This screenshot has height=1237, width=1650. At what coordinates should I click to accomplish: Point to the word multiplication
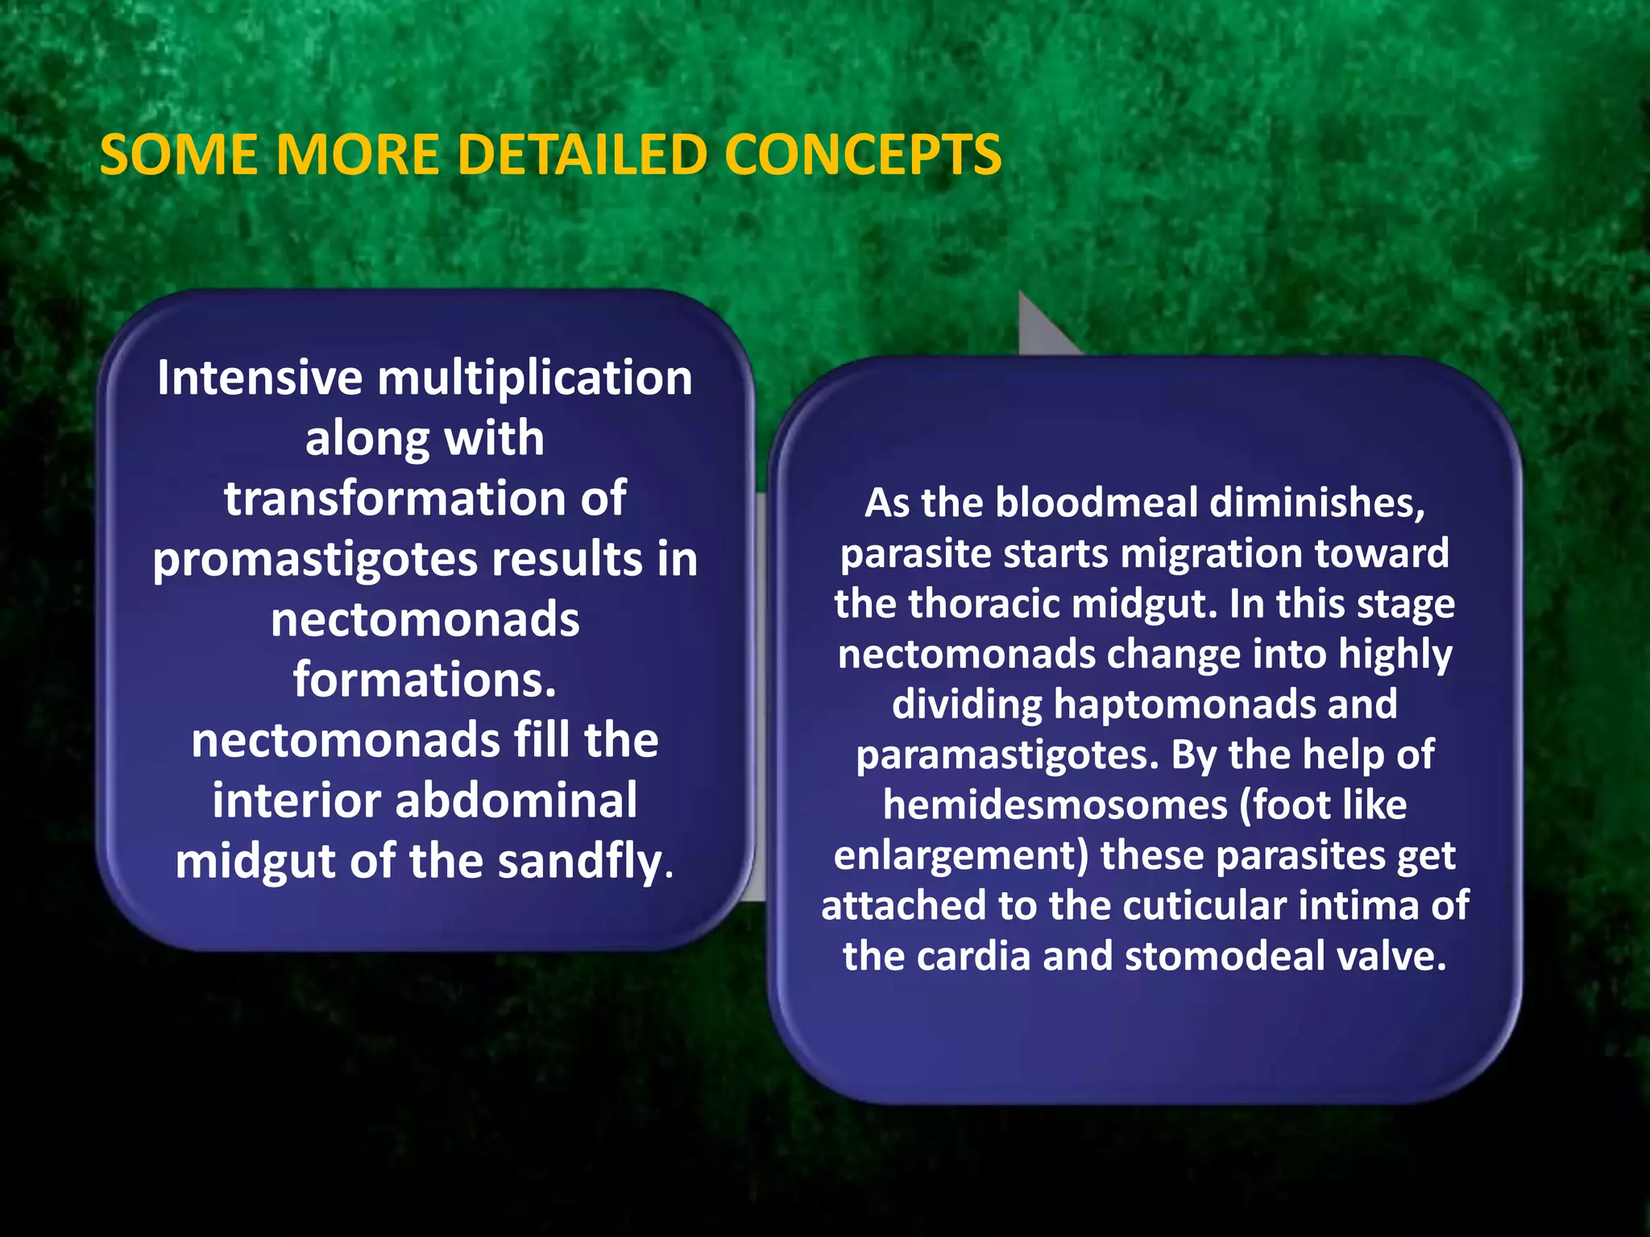click(535, 379)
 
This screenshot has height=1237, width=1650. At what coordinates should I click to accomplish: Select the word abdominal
click(516, 801)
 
